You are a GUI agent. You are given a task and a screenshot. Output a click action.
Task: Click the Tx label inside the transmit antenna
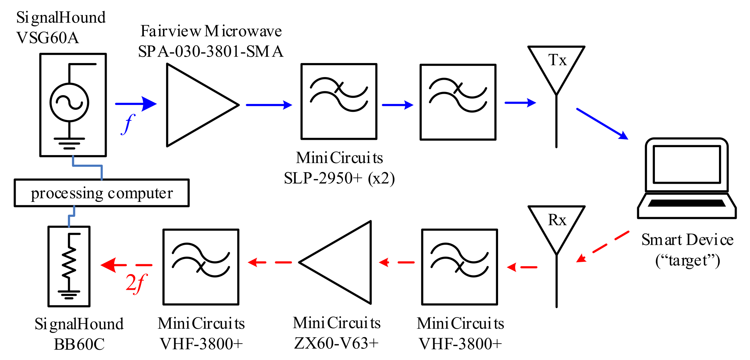pyautogui.click(x=557, y=60)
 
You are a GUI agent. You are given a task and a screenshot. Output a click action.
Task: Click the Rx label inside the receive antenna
pyautogui.click(x=557, y=220)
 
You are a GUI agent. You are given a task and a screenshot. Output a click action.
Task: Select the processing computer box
pyautogui.click(x=102, y=193)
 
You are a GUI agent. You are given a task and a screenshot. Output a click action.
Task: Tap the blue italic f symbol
pyautogui.click(x=128, y=124)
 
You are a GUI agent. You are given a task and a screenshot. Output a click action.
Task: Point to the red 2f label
pyautogui.click(x=136, y=283)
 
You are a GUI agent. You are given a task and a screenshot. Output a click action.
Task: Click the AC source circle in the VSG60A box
pyautogui.click(x=69, y=102)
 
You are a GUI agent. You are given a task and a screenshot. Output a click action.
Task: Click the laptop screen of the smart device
pyautogui.click(x=687, y=164)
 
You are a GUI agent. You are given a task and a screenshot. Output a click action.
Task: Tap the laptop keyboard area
pyautogui.click(x=687, y=203)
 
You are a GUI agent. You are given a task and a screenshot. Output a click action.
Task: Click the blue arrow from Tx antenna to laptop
pyautogui.click(x=602, y=124)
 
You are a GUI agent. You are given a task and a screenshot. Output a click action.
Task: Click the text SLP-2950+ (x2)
pyautogui.click(x=339, y=178)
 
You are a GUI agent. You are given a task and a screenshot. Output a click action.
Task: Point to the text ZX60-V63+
pyautogui.click(x=336, y=343)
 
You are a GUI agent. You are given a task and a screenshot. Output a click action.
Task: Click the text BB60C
pyautogui.click(x=79, y=344)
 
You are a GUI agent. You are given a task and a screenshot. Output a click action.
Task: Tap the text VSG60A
pyautogui.click(x=48, y=38)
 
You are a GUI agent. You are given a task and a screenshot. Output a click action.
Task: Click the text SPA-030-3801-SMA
pyautogui.click(x=211, y=51)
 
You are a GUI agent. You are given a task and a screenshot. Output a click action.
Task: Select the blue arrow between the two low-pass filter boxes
pyautogui.click(x=397, y=105)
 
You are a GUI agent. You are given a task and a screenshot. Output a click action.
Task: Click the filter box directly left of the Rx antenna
pyautogui.click(x=460, y=267)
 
